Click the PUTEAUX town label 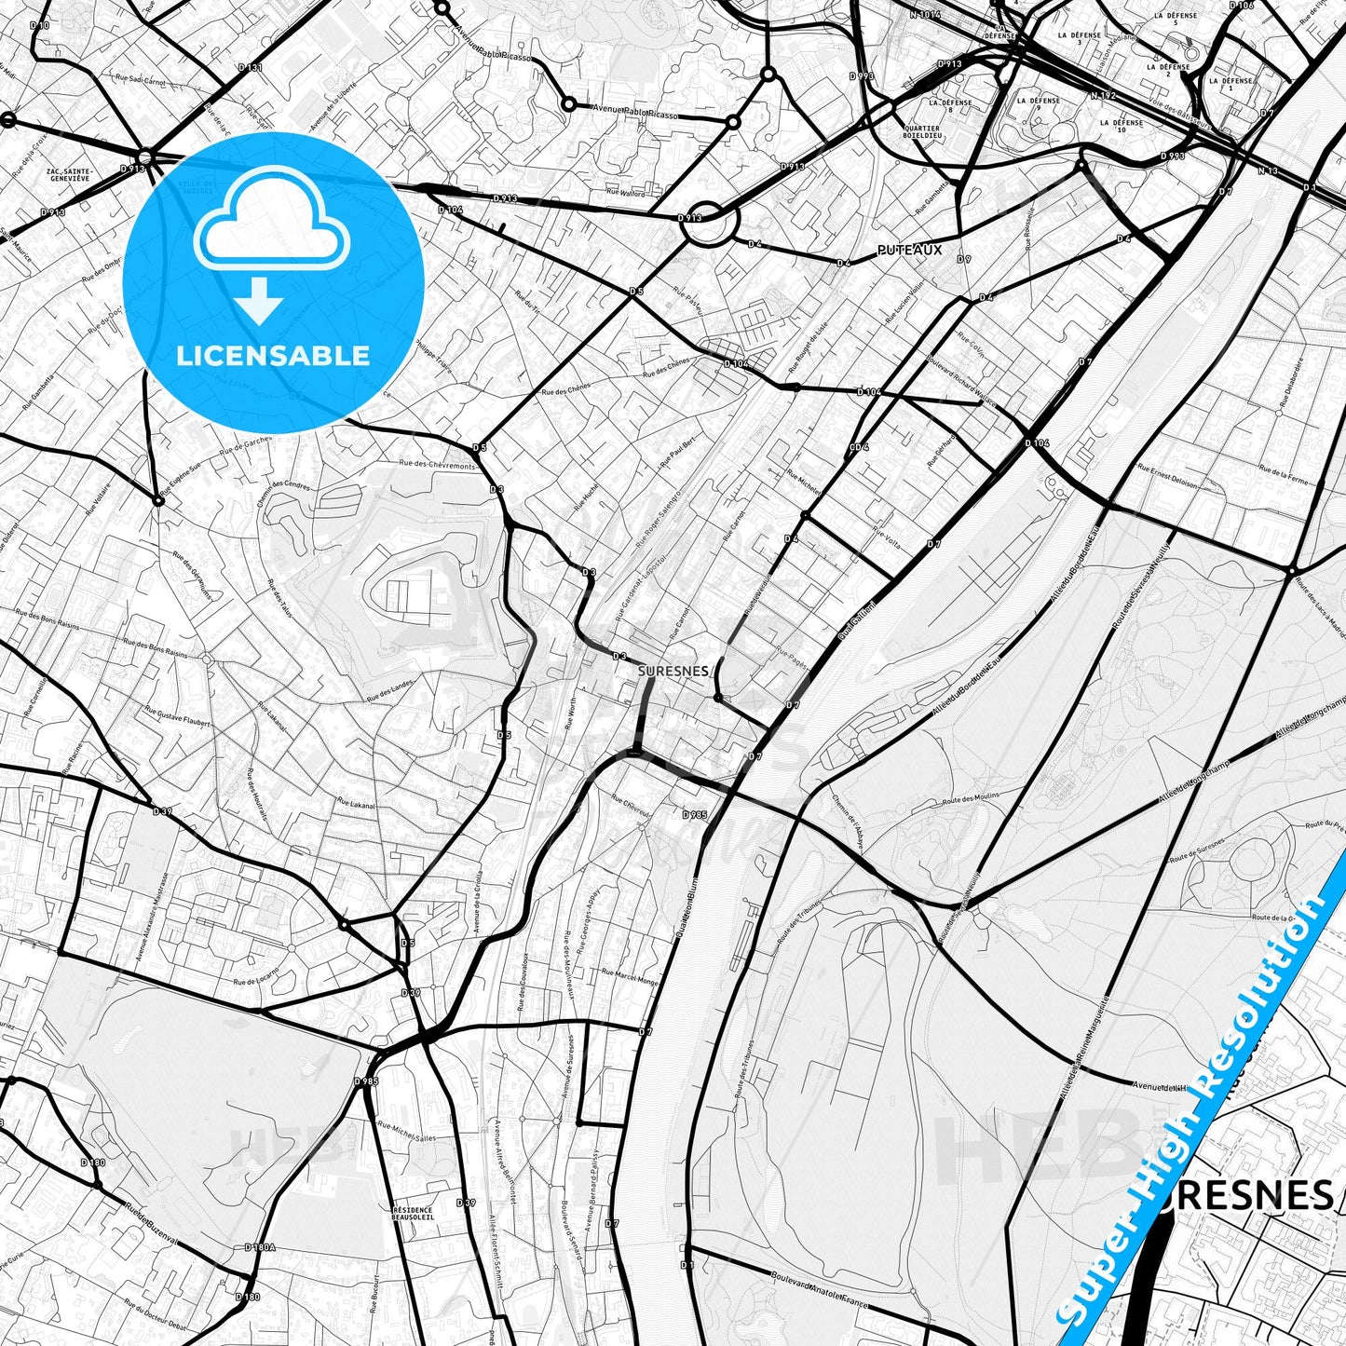[910, 250]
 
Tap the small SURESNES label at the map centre [674, 669]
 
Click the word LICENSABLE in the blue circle [274, 355]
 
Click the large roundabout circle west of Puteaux [713, 224]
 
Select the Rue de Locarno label [257, 981]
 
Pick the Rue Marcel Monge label [631, 977]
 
